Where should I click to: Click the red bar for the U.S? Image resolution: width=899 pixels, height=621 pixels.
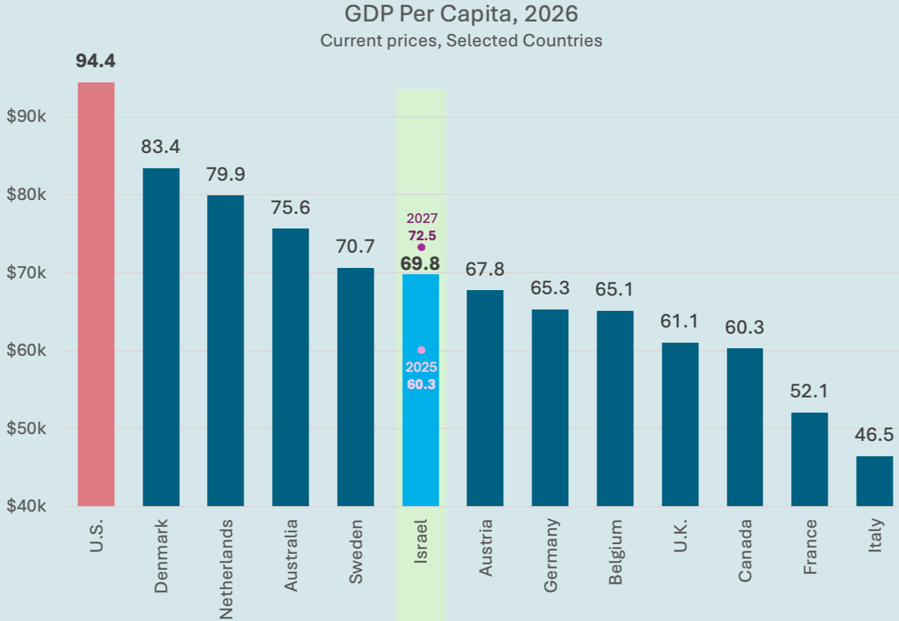click(96, 294)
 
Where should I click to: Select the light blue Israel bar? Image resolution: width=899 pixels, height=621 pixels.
click(421, 429)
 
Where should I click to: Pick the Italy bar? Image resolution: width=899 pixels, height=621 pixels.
click(874, 481)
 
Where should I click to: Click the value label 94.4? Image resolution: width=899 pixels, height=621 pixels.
click(96, 61)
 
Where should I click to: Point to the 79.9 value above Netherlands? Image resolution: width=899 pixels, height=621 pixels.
click(226, 174)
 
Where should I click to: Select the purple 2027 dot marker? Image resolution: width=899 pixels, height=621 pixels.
click(421, 247)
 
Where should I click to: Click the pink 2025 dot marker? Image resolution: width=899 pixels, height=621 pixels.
click(421, 350)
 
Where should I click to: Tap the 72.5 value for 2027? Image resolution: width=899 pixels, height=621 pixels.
click(421, 235)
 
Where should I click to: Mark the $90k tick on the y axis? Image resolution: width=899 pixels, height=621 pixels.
click(26, 117)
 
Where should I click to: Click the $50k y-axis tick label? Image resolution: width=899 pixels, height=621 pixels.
click(26, 429)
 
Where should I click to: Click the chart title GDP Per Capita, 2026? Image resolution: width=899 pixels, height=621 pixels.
click(461, 14)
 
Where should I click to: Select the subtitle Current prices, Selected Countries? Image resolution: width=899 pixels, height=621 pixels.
click(461, 40)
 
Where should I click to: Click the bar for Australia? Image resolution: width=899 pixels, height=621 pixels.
click(291, 367)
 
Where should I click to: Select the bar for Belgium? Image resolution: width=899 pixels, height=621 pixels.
click(615, 408)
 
